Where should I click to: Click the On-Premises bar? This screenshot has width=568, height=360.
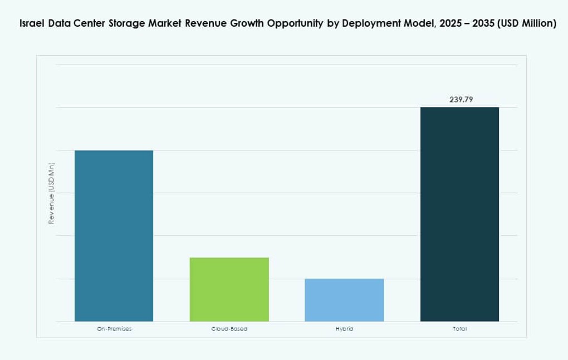tap(114, 236)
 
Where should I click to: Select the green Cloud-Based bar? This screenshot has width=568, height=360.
tap(229, 289)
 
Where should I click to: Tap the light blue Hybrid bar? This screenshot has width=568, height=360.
tap(344, 300)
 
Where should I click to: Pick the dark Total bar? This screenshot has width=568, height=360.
tap(459, 214)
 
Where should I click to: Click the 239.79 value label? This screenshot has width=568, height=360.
tap(462, 100)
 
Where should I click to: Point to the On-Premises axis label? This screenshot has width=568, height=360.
tap(114, 329)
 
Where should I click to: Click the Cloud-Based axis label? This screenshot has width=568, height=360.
tap(229, 329)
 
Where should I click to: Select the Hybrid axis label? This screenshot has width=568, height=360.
tap(344, 329)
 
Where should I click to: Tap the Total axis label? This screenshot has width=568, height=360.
tap(459, 329)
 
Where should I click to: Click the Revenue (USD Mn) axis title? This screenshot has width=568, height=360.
tap(51, 193)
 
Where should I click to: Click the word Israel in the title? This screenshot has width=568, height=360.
tap(32, 24)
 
